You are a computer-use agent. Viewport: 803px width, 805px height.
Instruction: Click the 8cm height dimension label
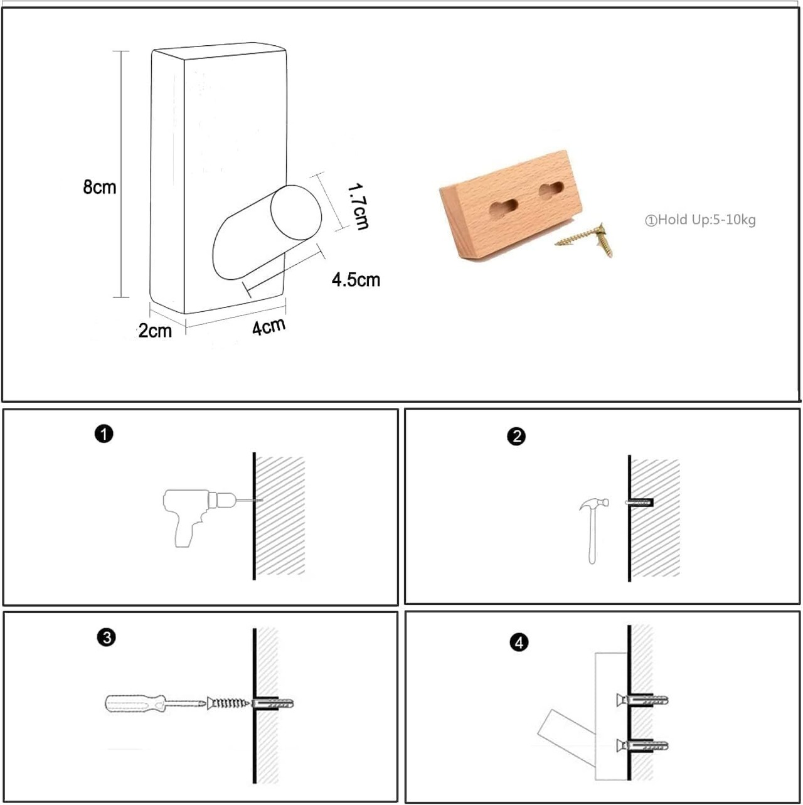pyautogui.click(x=100, y=187)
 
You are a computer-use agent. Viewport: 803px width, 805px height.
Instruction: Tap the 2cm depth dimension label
pyautogui.click(x=155, y=331)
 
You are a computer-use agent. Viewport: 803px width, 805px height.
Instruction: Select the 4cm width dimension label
pyautogui.click(x=269, y=326)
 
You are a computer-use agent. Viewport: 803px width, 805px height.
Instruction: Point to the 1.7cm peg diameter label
pyautogui.click(x=358, y=207)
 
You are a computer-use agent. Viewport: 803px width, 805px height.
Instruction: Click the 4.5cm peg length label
pyautogui.click(x=356, y=280)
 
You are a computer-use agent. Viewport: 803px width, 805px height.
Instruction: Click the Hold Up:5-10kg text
pyautogui.click(x=701, y=220)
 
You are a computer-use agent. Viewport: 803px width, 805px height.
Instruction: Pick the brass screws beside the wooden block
pyautogui.click(x=588, y=240)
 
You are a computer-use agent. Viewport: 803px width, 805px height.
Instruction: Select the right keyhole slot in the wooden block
pyautogui.click(x=552, y=191)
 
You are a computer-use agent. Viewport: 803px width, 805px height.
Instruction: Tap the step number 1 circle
pyautogui.click(x=104, y=434)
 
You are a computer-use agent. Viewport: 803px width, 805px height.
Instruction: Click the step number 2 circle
pyautogui.click(x=516, y=437)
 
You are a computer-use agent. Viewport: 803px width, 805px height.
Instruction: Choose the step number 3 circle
pyautogui.click(x=107, y=638)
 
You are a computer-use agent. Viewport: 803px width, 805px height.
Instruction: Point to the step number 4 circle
pyautogui.click(x=519, y=642)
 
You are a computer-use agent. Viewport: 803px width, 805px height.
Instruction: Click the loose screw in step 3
pyautogui.click(x=228, y=703)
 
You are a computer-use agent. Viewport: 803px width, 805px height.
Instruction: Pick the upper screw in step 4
pyautogui.click(x=642, y=700)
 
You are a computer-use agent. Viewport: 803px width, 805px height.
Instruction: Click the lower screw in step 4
pyautogui.click(x=642, y=745)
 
